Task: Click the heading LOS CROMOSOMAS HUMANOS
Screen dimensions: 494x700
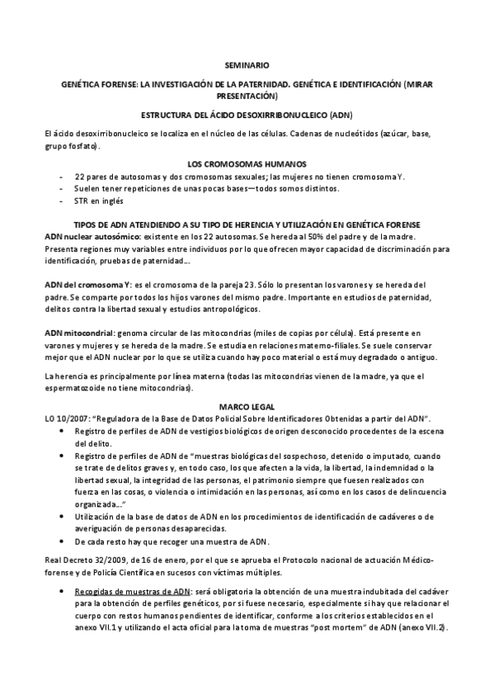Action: (x=247, y=164)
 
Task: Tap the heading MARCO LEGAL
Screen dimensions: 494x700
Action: (x=247, y=407)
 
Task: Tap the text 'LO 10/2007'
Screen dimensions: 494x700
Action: (x=64, y=419)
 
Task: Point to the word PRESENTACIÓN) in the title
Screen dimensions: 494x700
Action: (x=247, y=96)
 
